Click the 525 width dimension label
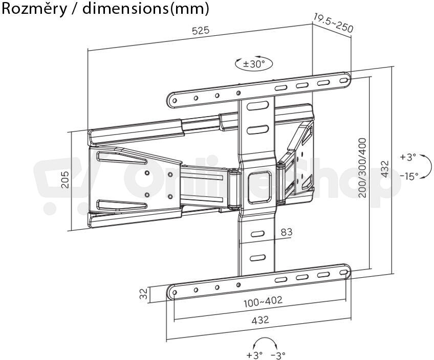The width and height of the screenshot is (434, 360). [201, 30]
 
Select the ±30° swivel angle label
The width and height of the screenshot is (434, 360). [254, 64]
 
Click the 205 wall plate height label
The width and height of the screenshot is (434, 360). [65, 179]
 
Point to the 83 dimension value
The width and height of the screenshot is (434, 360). [287, 232]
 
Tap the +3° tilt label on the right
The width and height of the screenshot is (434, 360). [408, 157]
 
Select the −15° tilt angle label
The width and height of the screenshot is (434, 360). [409, 176]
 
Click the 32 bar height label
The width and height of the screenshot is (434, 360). [143, 294]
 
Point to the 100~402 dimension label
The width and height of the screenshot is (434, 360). [263, 302]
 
